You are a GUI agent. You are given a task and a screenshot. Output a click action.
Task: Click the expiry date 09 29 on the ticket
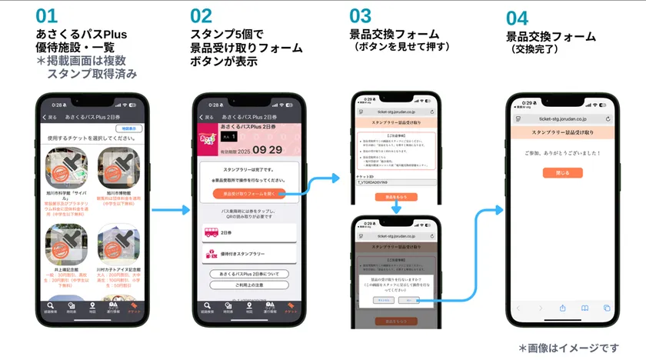[266, 150]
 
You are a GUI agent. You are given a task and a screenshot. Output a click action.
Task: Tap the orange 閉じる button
[564, 173]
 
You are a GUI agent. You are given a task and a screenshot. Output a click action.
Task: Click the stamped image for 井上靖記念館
[68, 245]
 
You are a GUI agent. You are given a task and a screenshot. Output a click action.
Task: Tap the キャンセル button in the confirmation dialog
[381, 300]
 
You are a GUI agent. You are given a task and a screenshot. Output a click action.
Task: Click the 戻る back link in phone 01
[51, 118]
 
